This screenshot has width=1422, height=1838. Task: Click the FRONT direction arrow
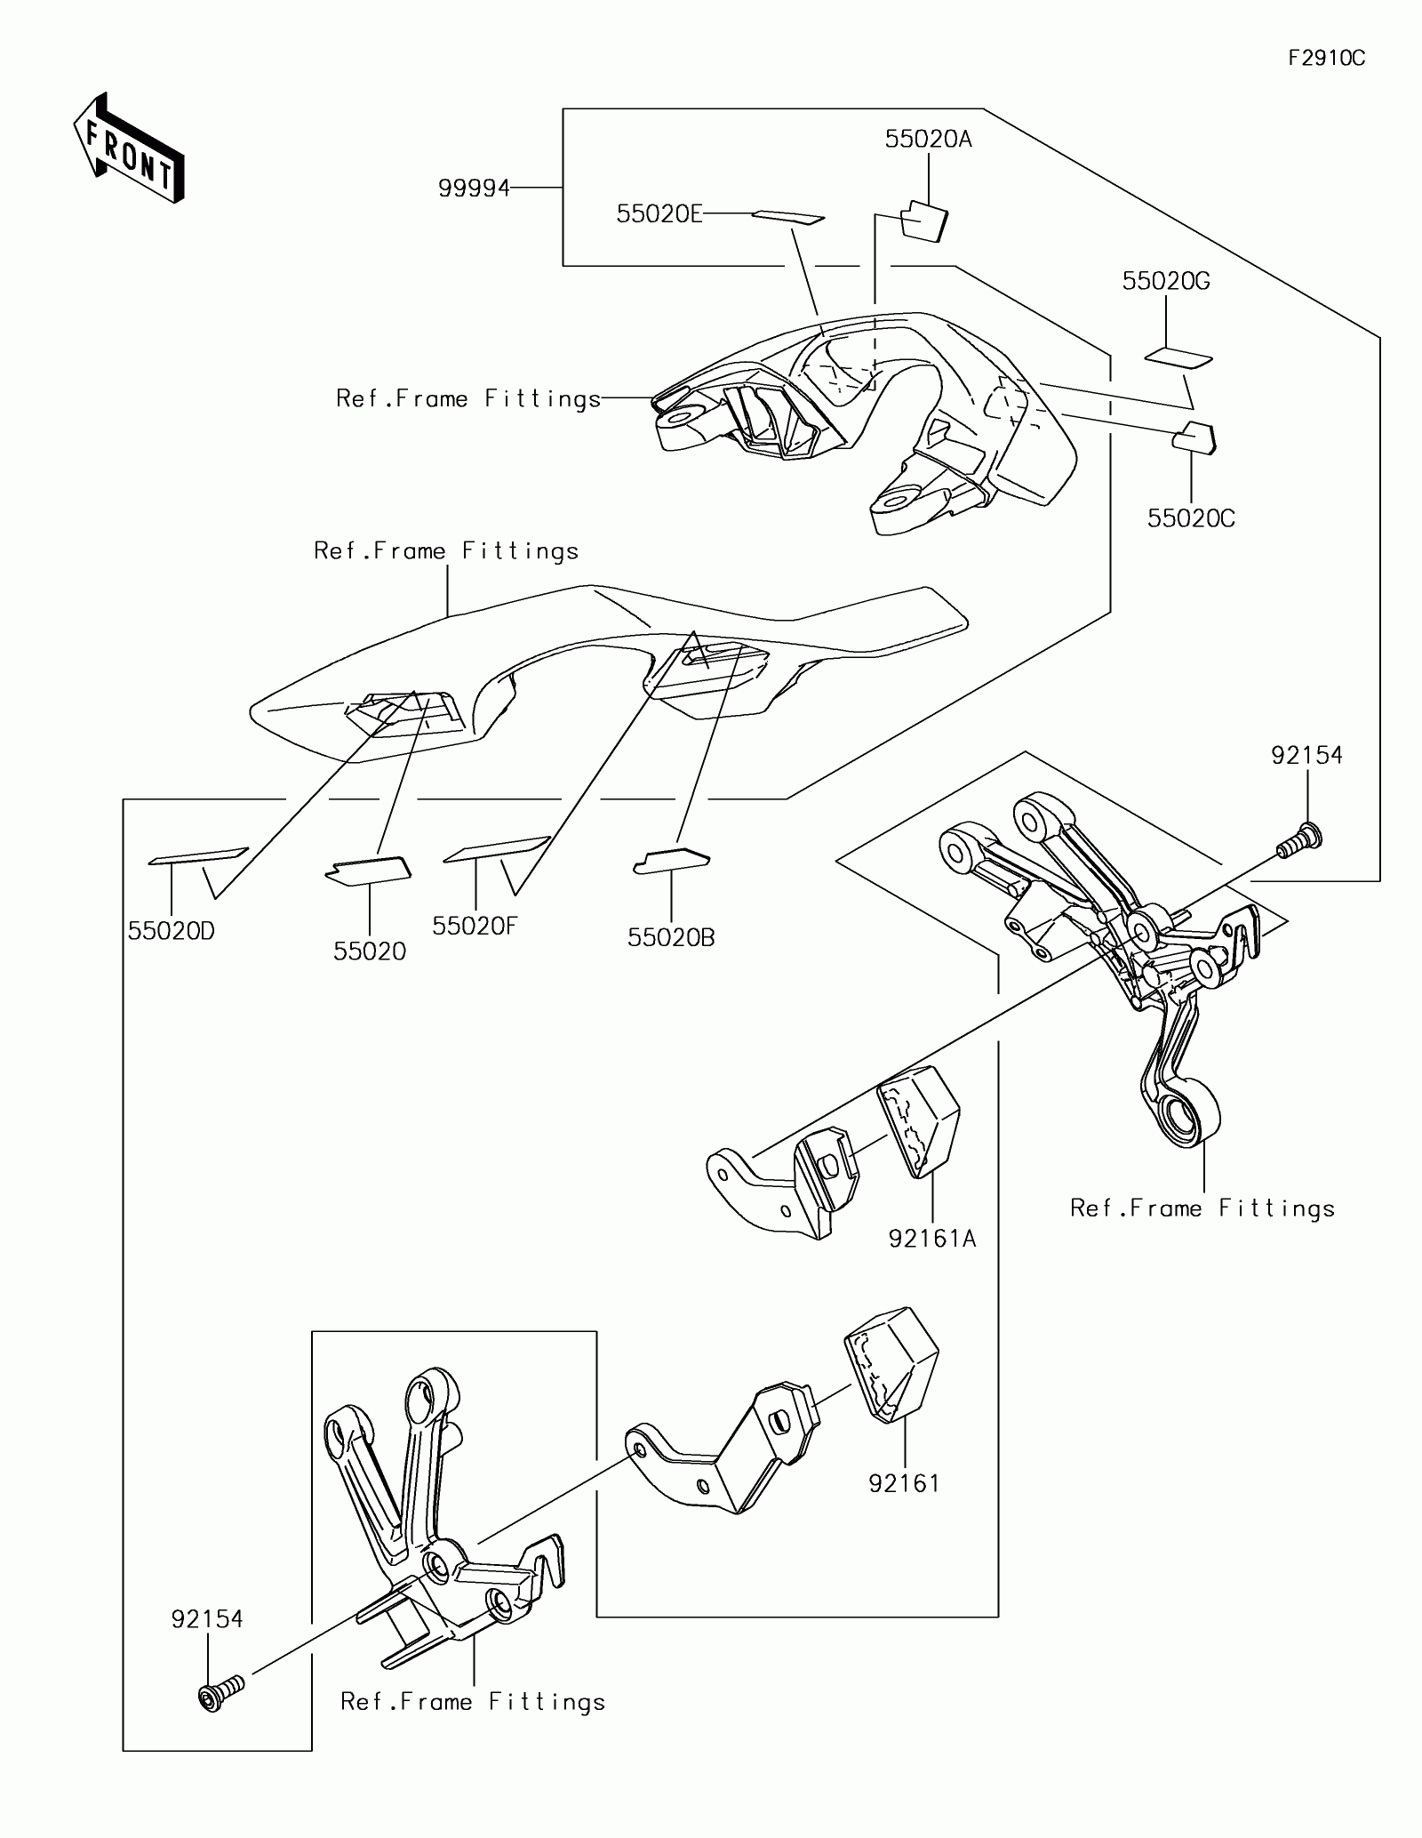[129, 148]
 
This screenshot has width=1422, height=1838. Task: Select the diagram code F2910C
[1326, 59]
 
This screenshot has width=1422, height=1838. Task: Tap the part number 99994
[474, 189]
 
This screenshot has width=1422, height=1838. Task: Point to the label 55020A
[928, 139]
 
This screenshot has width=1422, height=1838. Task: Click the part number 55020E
[659, 214]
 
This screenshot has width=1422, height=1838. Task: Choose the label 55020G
[1166, 281]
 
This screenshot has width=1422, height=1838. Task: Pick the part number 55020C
[1191, 518]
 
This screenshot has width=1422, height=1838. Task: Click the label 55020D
[172, 931]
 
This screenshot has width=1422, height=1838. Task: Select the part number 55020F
[475, 926]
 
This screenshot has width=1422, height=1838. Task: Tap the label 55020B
[671, 937]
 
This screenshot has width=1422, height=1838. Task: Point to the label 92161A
[932, 1238]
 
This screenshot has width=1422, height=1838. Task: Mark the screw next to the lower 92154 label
[220, 1693]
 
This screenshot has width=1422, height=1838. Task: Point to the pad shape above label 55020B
[672, 861]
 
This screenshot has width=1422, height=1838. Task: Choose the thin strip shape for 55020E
[788, 217]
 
